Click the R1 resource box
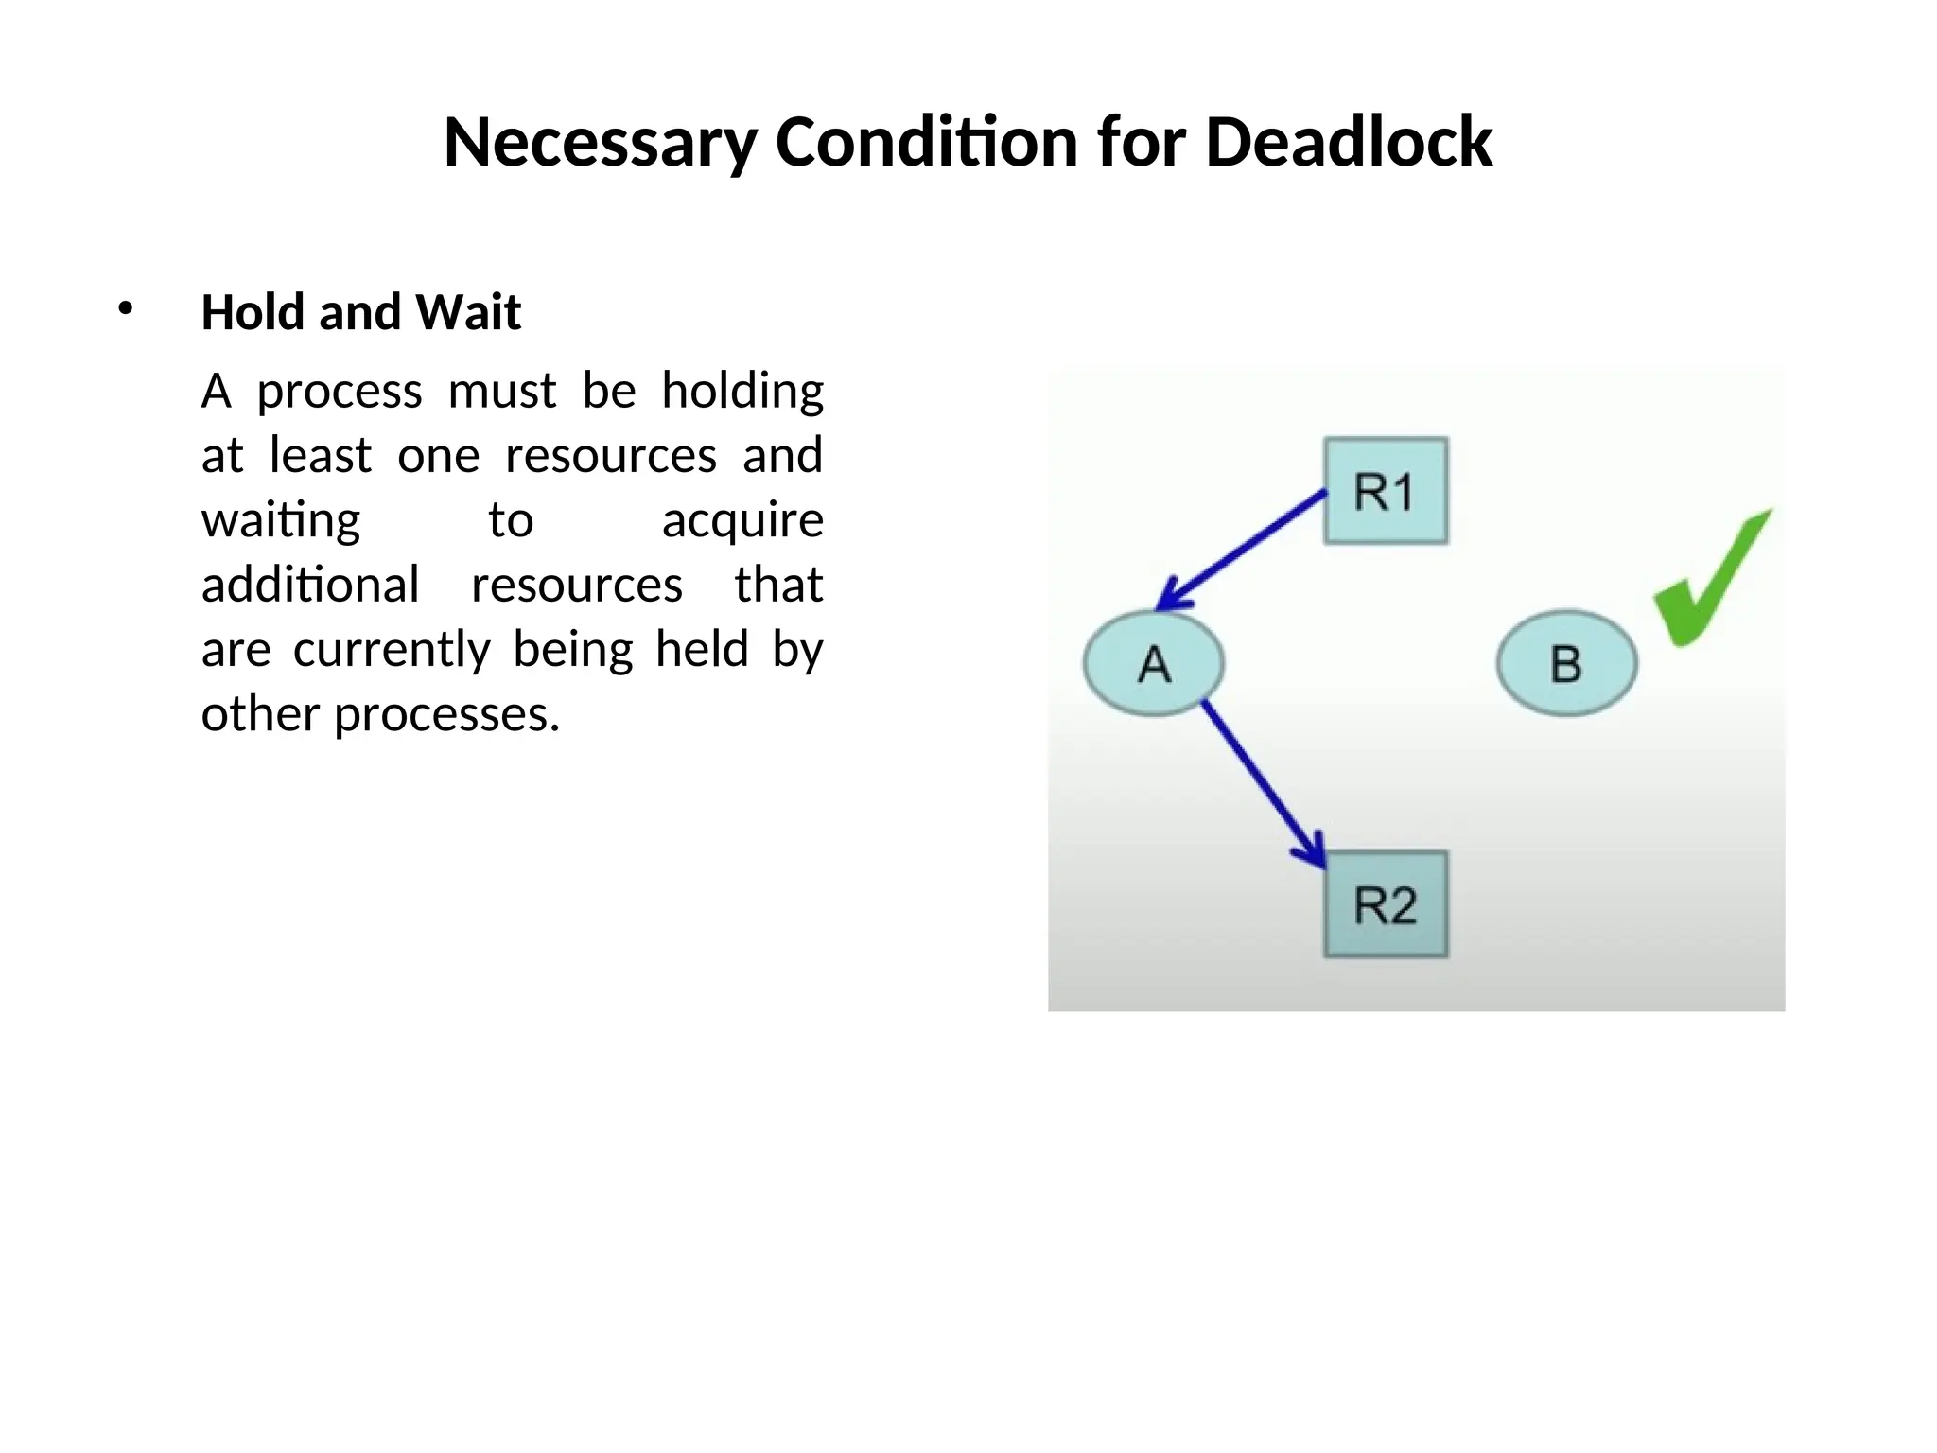tap(1386, 491)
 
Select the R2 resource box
tap(1386, 905)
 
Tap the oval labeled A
tap(1154, 663)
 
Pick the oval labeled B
tap(1566, 663)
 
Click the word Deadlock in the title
tap(1349, 143)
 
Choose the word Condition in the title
tap(926, 143)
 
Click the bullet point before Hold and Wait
tap(126, 308)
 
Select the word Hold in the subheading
tap(253, 312)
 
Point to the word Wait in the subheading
tap(469, 312)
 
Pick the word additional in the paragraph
tap(310, 585)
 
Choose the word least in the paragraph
tap(320, 456)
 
